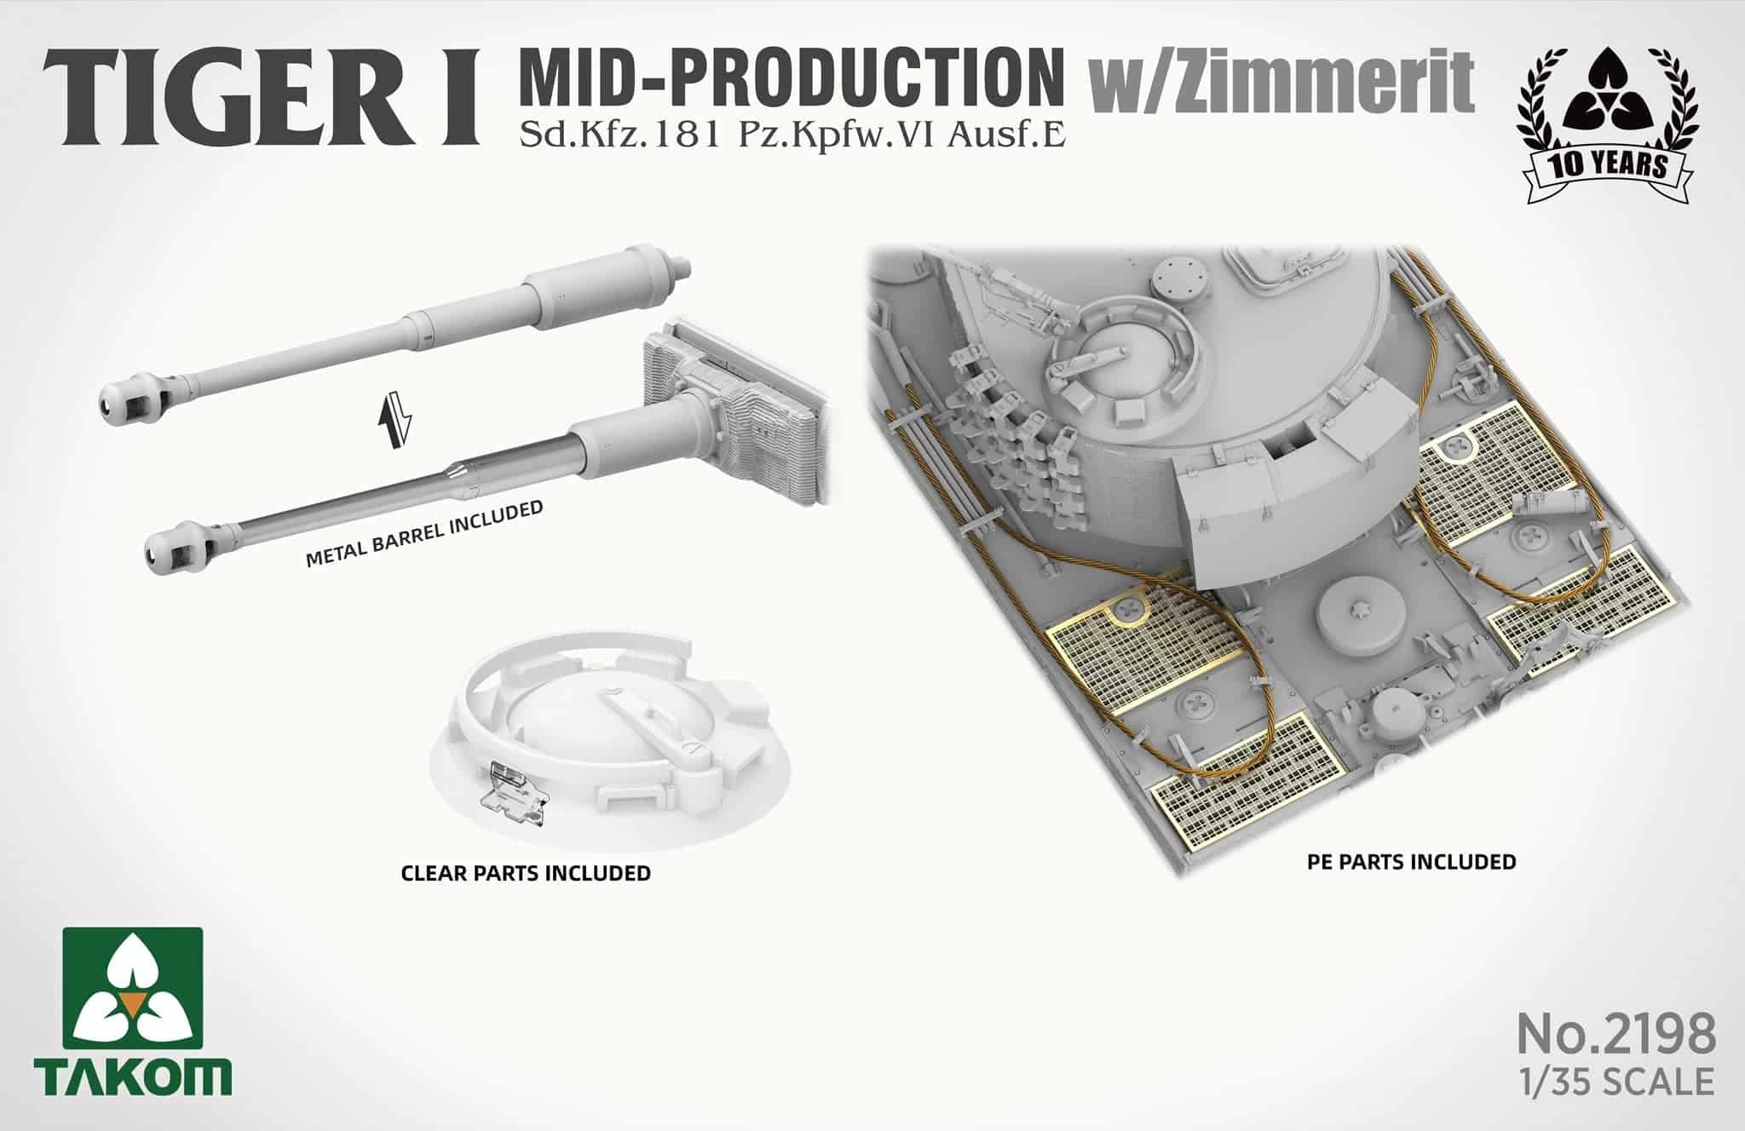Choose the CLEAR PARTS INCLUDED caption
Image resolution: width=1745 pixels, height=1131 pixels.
526,873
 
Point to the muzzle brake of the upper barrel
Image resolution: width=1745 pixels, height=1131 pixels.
128,397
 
